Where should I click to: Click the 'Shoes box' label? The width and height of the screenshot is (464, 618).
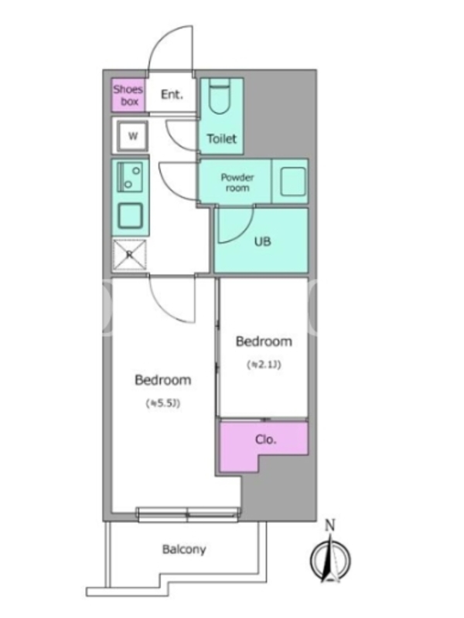[128, 95]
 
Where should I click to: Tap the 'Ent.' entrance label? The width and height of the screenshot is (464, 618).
[172, 94]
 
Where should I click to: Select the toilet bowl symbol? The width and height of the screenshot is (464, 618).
[219, 96]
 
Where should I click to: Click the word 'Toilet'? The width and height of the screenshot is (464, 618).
[222, 139]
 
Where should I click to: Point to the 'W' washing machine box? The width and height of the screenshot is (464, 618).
[133, 136]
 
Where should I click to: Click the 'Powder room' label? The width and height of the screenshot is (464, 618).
[237, 182]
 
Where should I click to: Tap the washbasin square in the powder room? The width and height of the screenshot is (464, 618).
[293, 182]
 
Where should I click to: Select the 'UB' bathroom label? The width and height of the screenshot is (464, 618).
[262, 241]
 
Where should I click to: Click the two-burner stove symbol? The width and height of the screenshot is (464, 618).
[130, 177]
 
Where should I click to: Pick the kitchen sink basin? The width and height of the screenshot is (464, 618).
[130, 216]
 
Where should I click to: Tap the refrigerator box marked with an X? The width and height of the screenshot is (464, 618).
[129, 255]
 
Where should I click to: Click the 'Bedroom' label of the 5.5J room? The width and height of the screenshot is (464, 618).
[163, 380]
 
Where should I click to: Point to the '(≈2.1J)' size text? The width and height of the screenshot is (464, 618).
[264, 365]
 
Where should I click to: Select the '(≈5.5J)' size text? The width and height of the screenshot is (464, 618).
[163, 403]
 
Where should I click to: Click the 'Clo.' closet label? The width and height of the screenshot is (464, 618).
[265, 439]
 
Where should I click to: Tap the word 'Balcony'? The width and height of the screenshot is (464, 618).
[184, 549]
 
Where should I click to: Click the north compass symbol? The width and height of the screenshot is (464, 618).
[331, 559]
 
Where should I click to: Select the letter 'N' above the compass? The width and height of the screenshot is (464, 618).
[330, 525]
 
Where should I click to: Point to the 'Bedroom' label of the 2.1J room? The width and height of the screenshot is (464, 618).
[264, 341]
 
